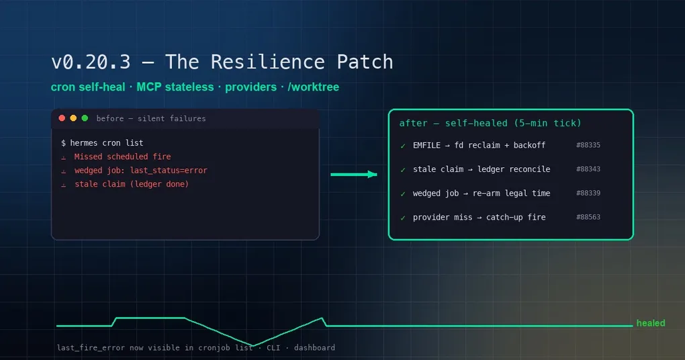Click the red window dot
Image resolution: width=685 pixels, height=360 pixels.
62,118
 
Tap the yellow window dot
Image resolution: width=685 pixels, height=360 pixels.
73,118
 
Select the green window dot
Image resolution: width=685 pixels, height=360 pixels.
85,118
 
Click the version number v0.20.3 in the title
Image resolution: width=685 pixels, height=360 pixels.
91,62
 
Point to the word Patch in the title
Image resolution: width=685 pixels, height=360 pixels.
365,62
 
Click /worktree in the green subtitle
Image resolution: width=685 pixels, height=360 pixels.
313,87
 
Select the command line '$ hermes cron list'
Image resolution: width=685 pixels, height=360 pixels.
102,143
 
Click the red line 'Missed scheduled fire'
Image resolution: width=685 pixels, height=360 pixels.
122,156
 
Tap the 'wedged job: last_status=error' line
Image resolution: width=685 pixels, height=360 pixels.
140,171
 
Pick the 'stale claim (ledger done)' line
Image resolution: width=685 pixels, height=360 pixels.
132,184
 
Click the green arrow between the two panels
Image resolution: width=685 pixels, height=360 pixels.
354,175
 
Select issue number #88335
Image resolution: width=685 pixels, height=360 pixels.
588,145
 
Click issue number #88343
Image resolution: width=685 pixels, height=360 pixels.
588,169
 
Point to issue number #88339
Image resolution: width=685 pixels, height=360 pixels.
588,193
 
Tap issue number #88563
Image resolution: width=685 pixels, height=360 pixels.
588,217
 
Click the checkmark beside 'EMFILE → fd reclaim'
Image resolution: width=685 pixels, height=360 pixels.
403,146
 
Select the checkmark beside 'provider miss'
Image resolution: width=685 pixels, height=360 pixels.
403,218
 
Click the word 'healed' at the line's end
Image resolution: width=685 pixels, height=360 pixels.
651,323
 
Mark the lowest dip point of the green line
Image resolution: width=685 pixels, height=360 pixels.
253,346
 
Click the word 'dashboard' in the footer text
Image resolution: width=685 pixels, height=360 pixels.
314,348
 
